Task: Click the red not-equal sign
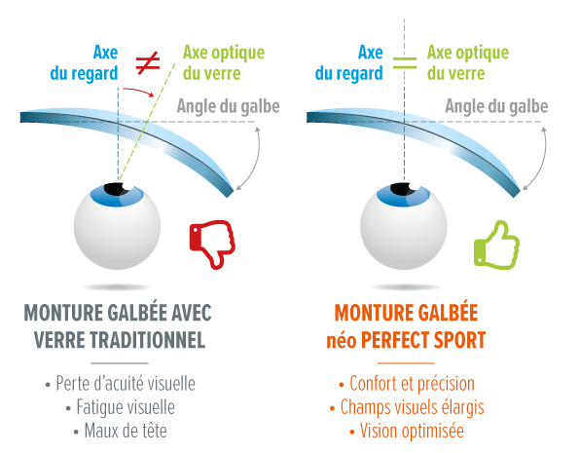point(148,62)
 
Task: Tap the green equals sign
point(405,63)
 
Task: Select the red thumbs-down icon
point(212,245)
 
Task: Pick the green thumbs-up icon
point(496,245)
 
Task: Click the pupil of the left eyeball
point(116,189)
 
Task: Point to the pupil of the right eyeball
point(403,189)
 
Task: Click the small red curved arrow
point(138,92)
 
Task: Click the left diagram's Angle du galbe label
point(229,107)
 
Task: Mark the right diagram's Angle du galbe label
point(496,107)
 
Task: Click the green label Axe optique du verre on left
point(224,63)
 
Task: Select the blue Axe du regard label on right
point(349,63)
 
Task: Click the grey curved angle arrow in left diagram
point(256,159)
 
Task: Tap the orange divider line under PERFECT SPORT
point(406,363)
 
